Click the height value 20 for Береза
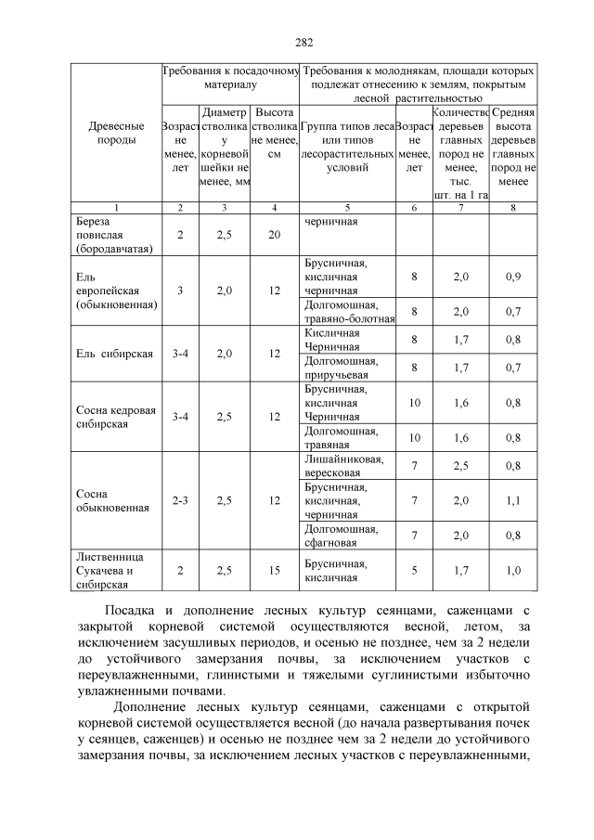(274, 236)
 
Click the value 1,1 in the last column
(513, 501)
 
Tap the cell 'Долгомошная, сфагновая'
(336, 535)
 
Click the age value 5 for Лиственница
(414, 571)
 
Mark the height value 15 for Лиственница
(274, 571)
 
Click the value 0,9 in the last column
(513, 278)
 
